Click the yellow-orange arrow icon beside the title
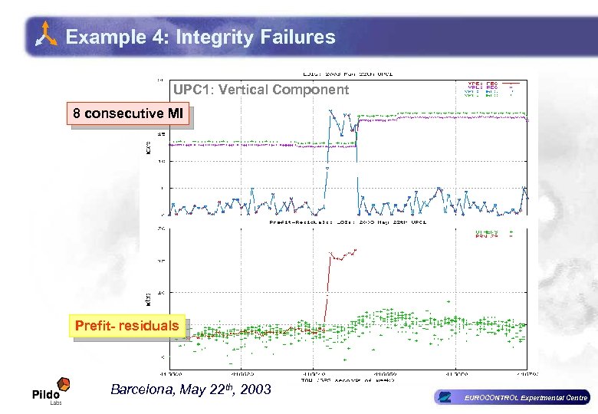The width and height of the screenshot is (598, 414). point(47,35)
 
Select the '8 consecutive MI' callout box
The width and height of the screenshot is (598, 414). point(127,114)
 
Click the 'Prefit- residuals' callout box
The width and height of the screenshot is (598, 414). point(127,325)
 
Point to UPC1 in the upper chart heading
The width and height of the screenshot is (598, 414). point(193,90)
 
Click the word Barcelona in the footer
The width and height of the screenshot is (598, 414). point(143,389)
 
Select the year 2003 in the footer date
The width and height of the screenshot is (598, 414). point(255,389)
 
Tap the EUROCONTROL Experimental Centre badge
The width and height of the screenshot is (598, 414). point(511,397)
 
